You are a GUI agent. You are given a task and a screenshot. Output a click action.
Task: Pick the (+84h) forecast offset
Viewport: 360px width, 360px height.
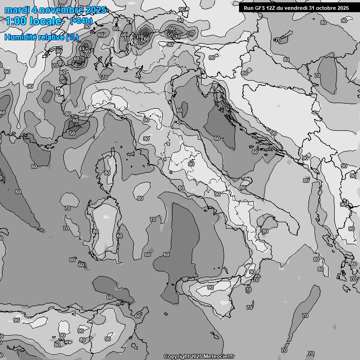[81, 21]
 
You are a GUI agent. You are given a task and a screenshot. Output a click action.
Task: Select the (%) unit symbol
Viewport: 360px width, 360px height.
[72, 37]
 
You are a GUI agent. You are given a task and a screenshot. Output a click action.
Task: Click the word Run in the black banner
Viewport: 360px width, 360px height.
[248, 8]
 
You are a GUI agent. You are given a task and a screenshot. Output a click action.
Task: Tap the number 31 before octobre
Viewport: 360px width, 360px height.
[312, 8]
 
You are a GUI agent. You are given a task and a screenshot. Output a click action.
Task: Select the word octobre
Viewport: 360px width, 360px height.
[325, 8]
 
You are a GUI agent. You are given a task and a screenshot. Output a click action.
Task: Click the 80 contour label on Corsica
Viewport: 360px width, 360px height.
[107, 173]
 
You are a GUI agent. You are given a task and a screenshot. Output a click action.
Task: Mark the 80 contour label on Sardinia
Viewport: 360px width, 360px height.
[96, 232]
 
